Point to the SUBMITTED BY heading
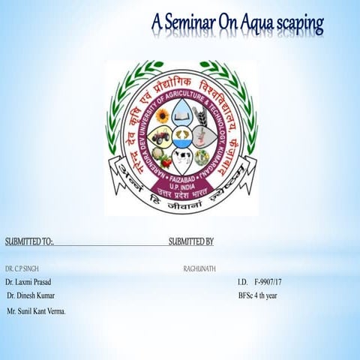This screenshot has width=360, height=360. click(x=190, y=241)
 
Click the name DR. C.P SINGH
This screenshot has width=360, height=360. click(x=22, y=268)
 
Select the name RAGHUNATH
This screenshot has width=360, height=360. click(x=199, y=268)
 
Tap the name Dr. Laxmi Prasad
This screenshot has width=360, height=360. click(x=28, y=282)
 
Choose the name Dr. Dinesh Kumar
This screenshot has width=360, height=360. click(x=30, y=295)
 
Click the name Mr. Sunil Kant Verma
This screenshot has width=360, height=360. click(x=36, y=310)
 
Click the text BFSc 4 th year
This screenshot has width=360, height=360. click(x=258, y=295)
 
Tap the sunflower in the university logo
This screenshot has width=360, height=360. click(x=162, y=115)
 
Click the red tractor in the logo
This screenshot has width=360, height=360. click(x=160, y=137)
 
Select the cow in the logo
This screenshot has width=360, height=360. click(x=181, y=158)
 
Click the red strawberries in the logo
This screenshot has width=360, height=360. click(x=163, y=158)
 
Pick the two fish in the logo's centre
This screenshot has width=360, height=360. click(x=181, y=137)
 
